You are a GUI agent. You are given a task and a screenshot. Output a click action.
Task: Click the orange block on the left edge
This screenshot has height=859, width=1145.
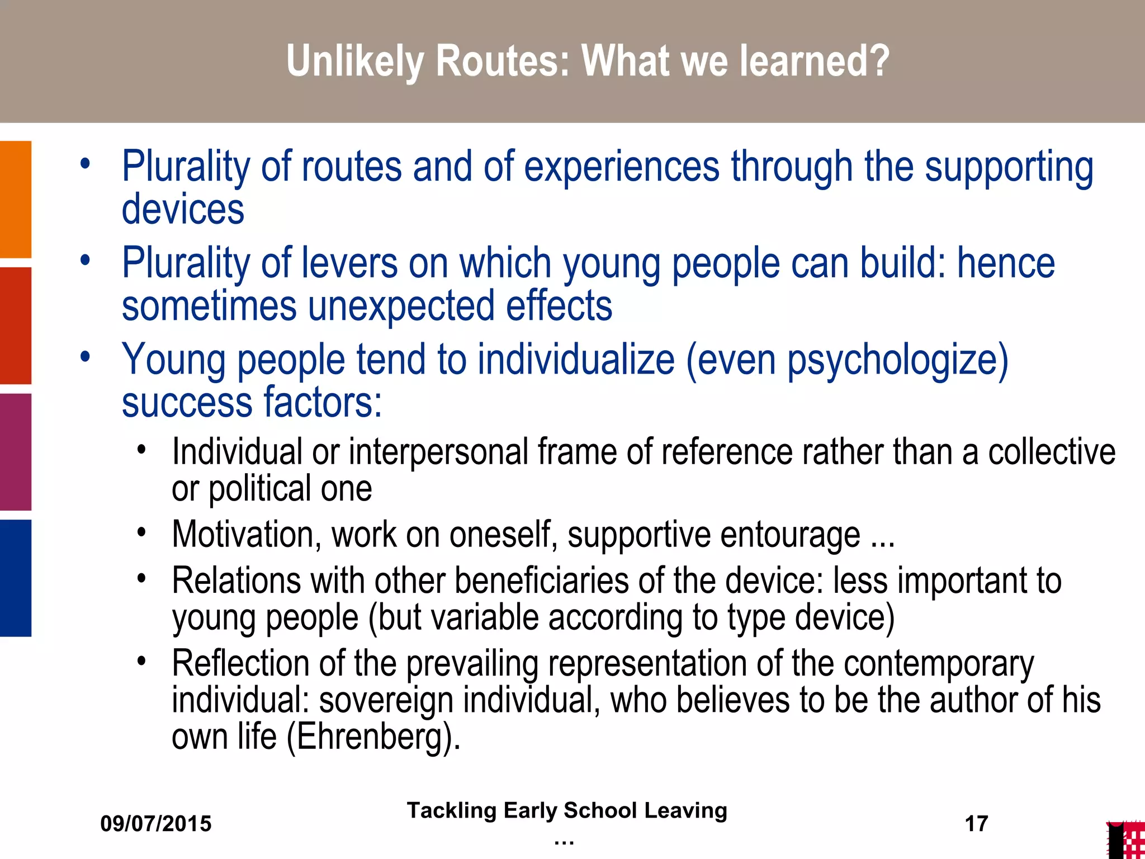(16, 199)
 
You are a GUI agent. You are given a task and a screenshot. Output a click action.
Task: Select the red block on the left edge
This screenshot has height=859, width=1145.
(16, 325)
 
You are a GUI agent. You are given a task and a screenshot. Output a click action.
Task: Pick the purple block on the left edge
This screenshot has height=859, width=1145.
(16, 452)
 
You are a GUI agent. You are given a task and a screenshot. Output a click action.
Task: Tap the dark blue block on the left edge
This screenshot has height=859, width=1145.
(16, 578)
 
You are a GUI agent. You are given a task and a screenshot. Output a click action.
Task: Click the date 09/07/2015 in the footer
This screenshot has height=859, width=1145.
(156, 824)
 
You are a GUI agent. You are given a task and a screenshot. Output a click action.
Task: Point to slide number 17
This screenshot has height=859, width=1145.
(976, 824)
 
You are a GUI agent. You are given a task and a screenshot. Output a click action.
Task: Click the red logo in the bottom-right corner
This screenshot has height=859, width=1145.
(1125, 841)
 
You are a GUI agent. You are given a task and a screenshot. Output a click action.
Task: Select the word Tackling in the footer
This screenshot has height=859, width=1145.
(451, 810)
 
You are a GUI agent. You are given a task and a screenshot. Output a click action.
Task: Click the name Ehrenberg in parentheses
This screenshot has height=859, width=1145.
(369, 737)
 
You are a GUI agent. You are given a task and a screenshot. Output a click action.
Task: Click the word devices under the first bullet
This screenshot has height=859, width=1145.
(183, 209)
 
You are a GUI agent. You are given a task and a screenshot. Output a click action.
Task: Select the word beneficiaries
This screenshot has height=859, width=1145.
(541, 580)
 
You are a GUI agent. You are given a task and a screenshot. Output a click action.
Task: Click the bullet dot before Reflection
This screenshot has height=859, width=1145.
(142, 661)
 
